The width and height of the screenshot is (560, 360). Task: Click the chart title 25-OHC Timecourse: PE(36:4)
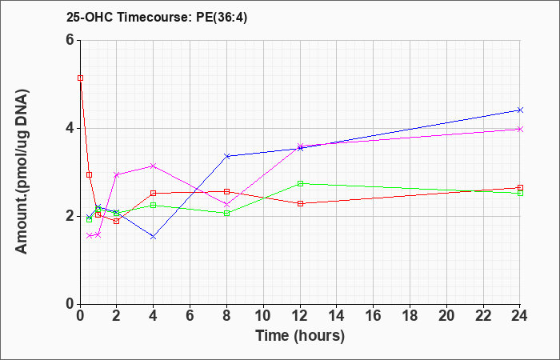click(x=157, y=18)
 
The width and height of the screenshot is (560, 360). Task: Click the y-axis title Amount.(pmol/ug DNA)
click(x=22, y=172)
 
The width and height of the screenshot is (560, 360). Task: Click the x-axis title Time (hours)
click(x=300, y=336)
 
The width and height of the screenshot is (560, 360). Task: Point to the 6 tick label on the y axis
click(x=70, y=40)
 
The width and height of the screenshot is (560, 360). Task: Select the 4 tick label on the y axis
click(x=70, y=128)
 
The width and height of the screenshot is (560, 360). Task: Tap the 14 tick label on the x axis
click(x=337, y=315)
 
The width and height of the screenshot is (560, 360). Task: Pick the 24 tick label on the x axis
click(x=520, y=315)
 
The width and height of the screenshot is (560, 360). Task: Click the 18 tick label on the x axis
click(x=410, y=315)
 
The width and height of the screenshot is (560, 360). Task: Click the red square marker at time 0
click(x=80, y=78)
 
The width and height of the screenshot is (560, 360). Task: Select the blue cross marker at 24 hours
click(x=520, y=110)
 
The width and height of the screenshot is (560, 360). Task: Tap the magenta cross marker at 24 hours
click(x=520, y=130)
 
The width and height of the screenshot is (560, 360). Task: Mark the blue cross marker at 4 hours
click(x=154, y=237)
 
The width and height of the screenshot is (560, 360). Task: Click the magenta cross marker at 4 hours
click(x=154, y=166)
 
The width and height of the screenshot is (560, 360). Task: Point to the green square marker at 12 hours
click(x=300, y=183)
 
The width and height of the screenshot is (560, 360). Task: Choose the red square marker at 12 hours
click(x=300, y=203)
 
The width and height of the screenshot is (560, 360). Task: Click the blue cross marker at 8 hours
click(x=226, y=156)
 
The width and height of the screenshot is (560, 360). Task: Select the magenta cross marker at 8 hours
click(x=226, y=205)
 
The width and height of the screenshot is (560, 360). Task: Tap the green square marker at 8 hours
click(x=226, y=214)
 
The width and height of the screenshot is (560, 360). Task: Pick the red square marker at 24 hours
click(x=520, y=188)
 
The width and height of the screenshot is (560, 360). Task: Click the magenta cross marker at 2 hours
click(x=117, y=175)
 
